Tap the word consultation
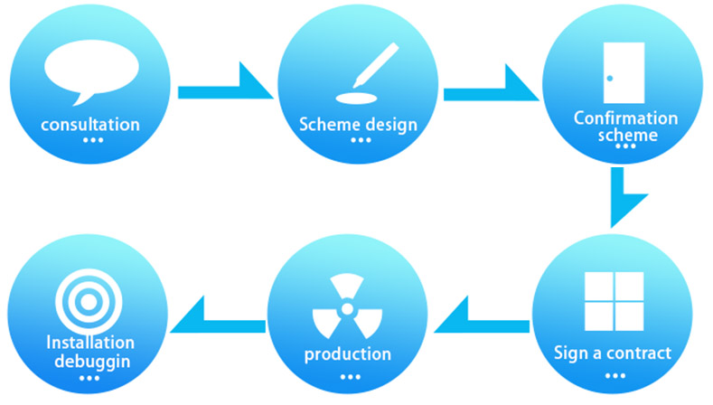[x=90, y=124]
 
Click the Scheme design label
[x=359, y=124]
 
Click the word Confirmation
[x=625, y=118]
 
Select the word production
[x=348, y=353]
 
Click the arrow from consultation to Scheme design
[x=226, y=89]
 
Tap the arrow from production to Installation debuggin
[x=217, y=317]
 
